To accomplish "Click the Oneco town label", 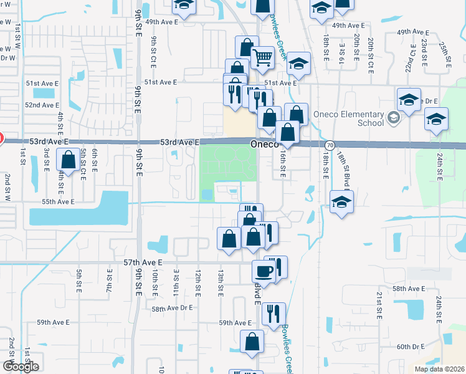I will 263,143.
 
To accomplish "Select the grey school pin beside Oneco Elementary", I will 393,117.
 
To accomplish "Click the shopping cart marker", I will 263,58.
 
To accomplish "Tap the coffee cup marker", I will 263,271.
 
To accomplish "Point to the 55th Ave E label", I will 58,202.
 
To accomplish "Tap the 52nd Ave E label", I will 42,105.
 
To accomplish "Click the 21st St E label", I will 378,305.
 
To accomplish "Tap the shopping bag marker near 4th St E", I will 68,160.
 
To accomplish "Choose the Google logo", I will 21,367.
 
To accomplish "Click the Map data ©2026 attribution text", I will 439,369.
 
